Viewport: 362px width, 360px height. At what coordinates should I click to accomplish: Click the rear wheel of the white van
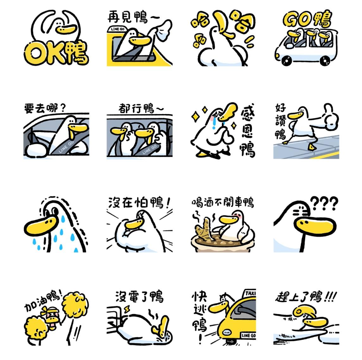[x=325, y=60]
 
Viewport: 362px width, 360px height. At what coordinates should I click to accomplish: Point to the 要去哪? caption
[x=45, y=108]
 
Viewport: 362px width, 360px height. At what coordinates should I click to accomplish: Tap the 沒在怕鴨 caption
[x=139, y=203]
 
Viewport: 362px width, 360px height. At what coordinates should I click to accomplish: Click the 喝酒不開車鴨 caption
[x=223, y=202]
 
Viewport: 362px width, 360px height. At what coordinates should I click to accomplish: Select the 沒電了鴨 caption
[x=140, y=296]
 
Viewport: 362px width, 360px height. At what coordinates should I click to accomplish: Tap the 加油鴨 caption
[x=43, y=301]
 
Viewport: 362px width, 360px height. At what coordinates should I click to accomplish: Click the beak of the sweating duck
[x=41, y=227]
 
